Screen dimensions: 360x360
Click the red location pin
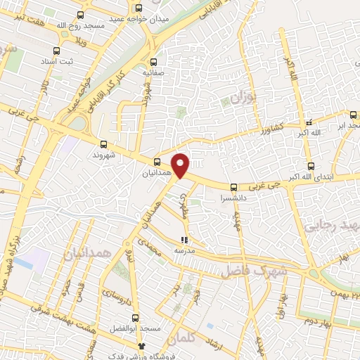(x=181, y=165)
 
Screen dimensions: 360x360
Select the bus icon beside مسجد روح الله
(x=79, y=15)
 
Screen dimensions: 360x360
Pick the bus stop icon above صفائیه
(x=154, y=62)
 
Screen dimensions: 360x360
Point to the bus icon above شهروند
(x=105, y=142)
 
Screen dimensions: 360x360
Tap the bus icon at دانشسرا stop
(x=233, y=187)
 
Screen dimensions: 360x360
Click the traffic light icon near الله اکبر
(x=309, y=122)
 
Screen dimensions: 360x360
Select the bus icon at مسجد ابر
(x=352, y=115)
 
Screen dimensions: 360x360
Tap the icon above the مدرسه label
(x=185, y=240)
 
